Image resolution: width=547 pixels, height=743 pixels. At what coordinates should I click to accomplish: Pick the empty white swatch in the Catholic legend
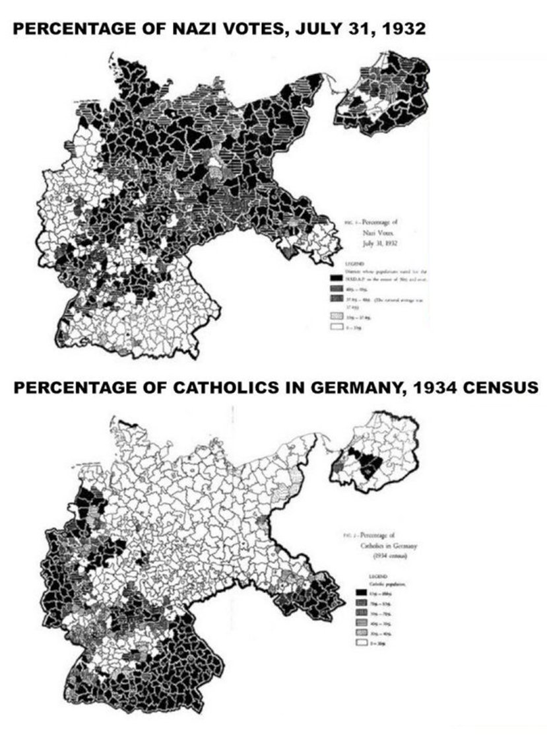coord(360,639)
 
